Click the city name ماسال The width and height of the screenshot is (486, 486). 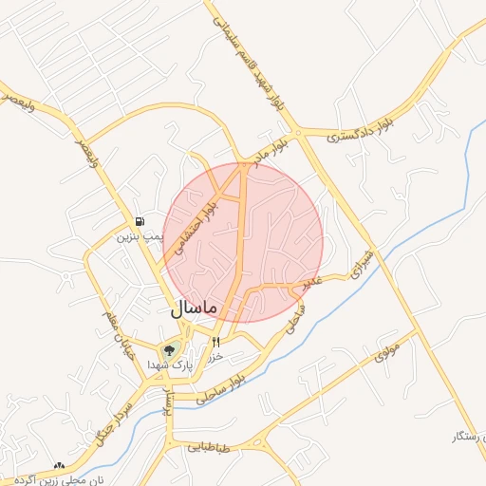click(x=195, y=308)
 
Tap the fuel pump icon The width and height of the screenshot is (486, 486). click(x=140, y=220)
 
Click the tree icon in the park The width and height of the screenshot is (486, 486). click(x=170, y=349)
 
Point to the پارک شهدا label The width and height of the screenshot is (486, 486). click(x=170, y=364)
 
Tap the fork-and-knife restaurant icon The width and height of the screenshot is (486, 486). click(x=216, y=342)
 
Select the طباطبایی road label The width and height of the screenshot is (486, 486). click(x=210, y=445)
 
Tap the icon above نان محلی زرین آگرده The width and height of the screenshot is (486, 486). click(x=60, y=465)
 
